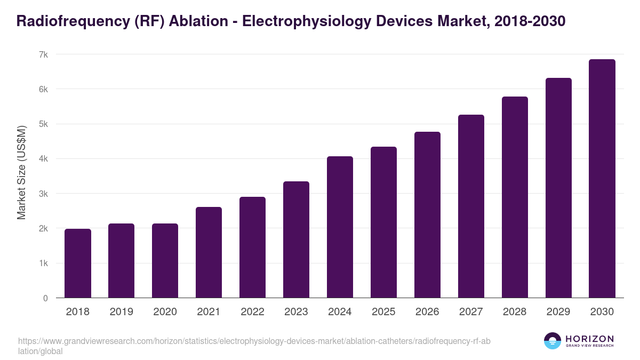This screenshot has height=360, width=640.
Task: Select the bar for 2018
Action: pos(78,263)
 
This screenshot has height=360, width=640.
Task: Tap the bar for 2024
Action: pos(340,227)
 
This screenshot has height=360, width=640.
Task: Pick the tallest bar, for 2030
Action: pos(602,179)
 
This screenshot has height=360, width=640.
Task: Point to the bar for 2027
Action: pos(471,206)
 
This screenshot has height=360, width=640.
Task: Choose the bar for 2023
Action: pos(296,239)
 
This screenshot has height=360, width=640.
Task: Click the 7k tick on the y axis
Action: pos(44,54)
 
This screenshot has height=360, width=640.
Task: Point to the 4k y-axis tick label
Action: pos(44,159)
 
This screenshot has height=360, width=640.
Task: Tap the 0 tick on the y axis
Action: pos(45,298)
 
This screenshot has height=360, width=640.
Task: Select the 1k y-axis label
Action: pos(44,263)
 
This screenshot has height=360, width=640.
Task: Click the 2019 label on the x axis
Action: pos(122,312)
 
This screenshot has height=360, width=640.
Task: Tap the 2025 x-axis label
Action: pos(383,312)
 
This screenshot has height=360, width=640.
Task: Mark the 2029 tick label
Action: pos(558,312)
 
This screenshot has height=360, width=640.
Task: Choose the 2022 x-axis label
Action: pos(252,312)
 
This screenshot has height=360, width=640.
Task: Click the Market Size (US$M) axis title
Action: pos(21,172)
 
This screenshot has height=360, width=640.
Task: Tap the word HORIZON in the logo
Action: pos(589,339)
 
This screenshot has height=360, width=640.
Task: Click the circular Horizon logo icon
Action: pos(553,341)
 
